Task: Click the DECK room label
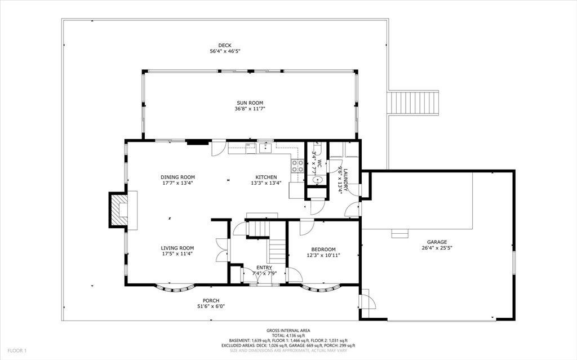click(x=225, y=46)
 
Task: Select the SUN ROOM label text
click(x=250, y=103)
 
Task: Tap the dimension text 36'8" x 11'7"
click(x=250, y=109)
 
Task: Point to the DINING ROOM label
click(x=177, y=177)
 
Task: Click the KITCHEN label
click(x=264, y=177)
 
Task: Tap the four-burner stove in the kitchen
click(x=296, y=166)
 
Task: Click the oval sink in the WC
click(x=317, y=180)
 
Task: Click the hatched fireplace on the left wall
click(x=119, y=210)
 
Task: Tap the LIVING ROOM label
click(x=177, y=248)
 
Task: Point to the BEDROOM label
click(x=323, y=250)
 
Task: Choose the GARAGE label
click(x=437, y=242)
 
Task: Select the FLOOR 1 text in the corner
click(x=17, y=350)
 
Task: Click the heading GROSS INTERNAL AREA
click(x=288, y=331)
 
